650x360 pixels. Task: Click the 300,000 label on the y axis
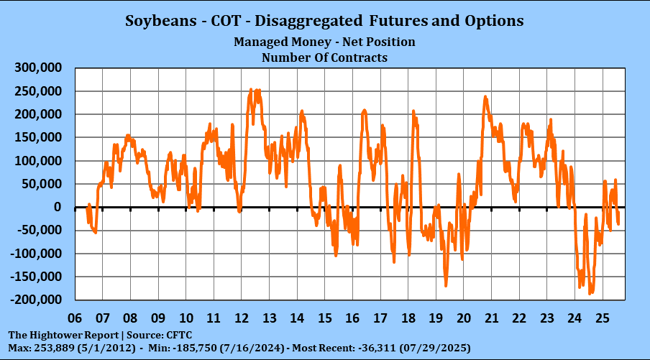pos(38,68)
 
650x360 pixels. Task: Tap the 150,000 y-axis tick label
pos(38,137)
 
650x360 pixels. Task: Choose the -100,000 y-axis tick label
pos(36,254)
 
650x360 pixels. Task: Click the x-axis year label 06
pos(75,317)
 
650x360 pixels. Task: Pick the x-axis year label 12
pos(242,317)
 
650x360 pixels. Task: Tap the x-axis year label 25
pos(603,317)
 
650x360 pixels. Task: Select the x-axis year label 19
pos(436,317)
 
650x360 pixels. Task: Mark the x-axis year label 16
pos(352,317)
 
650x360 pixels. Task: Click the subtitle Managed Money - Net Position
pos(324,42)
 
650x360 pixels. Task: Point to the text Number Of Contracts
pos(324,57)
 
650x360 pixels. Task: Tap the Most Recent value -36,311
pos(386,348)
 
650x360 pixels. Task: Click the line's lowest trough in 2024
pos(590,293)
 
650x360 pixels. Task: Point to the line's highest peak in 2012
pos(251,90)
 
